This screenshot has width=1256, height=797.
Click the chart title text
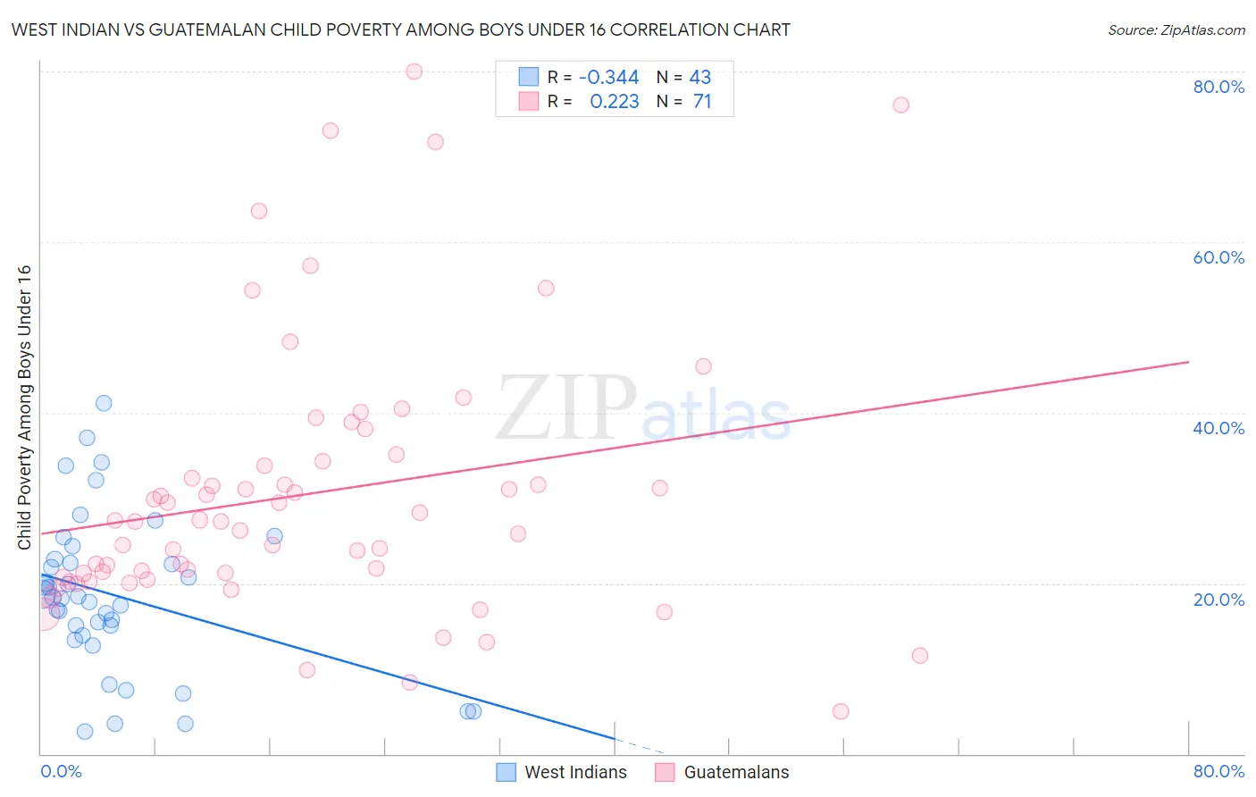[x=400, y=30]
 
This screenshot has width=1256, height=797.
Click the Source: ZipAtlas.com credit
[x=1176, y=30]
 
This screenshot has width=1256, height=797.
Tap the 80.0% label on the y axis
[x=1218, y=87]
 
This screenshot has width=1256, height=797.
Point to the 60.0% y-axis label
[x=1218, y=257]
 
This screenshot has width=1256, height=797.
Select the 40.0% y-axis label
[x=1218, y=428]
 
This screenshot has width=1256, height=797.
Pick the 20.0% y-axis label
[x=1218, y=600]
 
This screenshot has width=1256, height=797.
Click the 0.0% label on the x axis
[x=61, y=771]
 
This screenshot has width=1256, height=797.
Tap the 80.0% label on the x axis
[x=1218, y=771]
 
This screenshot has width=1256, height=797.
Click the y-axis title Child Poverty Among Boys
[x=25, y=407]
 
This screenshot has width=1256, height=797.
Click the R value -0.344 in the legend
[x=608, y=78]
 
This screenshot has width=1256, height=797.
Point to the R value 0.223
[x=614, y=102]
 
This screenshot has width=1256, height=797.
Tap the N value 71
[x=702, y=102]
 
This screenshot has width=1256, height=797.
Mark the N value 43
[x=700, y=78]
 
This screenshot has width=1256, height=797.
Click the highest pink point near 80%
[x=414, y=71]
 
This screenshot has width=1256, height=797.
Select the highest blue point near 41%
[x=104, y=403]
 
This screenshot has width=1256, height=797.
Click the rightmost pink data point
[x=920, y=656]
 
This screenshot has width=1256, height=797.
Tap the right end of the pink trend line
[x=1188, y=362]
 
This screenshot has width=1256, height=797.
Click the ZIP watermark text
[x=566, y=407]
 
